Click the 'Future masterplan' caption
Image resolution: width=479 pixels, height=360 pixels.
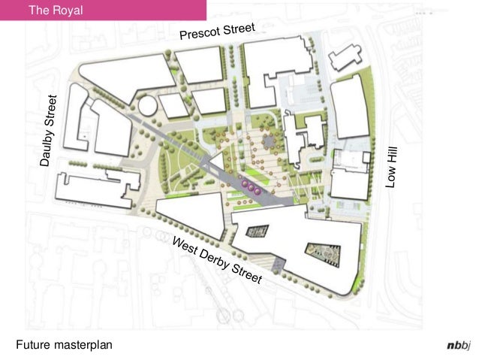63,344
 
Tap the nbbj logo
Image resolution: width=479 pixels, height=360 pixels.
456,345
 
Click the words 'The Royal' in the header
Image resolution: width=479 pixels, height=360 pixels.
55,11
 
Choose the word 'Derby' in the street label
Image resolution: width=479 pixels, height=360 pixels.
215,260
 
